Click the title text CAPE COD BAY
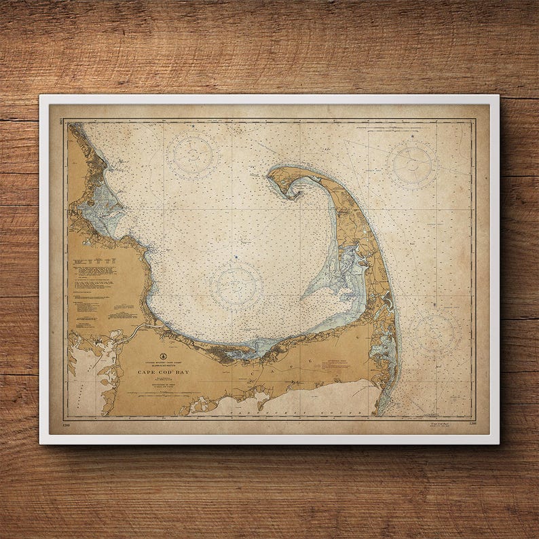(162, 372)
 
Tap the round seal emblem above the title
(162, 355)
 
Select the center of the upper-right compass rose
(412, 164)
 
